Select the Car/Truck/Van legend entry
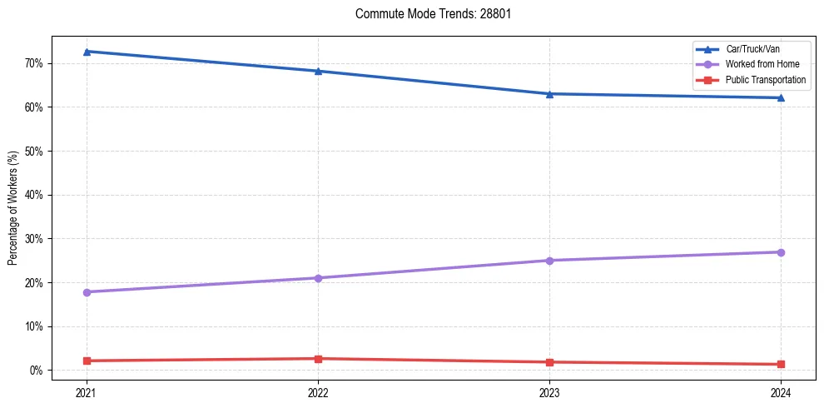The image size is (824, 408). pos(752,49)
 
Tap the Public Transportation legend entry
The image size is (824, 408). pos(766,80)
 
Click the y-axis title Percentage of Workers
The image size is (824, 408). pos(13,208)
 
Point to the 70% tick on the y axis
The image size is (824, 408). pos(34,63)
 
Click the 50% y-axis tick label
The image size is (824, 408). pos(34,152)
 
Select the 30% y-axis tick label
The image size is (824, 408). pos(34,239)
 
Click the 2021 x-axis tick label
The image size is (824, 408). pos(87,391)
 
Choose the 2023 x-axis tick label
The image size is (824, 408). pos(549,391)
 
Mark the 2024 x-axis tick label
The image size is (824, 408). pos(781,391)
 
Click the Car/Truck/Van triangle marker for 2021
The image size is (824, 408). pos(87,52)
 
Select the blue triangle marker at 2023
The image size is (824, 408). pos(549,93)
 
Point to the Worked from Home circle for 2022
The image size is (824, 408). pos(318,278)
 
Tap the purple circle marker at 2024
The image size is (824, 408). pos(781,252)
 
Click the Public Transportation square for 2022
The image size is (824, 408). pos(318,359)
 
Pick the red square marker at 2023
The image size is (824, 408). pos(549,362)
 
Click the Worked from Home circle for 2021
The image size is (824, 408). pos(87,292)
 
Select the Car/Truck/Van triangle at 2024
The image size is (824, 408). pos(781,97)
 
